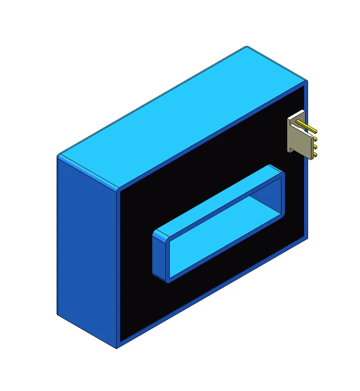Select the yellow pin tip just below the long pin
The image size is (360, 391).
[x=315, y=139]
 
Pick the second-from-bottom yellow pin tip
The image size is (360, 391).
[x=315, y=147]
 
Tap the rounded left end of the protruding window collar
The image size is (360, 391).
[x=159, y=255]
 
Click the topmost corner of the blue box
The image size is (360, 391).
[x=246, y=46]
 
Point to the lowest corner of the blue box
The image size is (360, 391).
[x=117, y=348]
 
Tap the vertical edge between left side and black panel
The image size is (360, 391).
[x=117, y=268]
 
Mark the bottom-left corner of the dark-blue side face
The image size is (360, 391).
[x=58, y=314]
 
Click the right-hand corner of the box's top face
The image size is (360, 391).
[x=307, y=81]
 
